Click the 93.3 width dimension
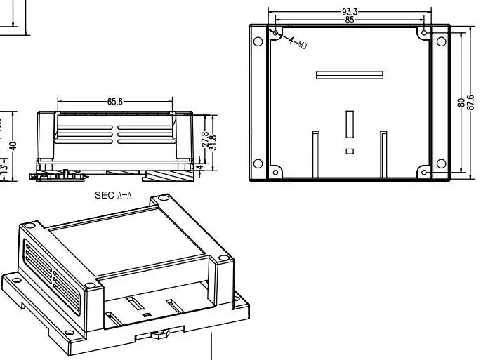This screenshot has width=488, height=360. click(x=349, y=12)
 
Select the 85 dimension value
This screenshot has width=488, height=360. click(x=349, y=20)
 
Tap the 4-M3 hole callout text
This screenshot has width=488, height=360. click(x=298, y=43)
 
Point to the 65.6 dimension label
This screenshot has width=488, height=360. click(x=115, y=102)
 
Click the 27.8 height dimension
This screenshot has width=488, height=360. click(x=204, y=140)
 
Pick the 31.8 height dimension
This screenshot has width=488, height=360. click(x=213, y=142)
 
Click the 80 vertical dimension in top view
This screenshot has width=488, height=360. click(x=461, y=102)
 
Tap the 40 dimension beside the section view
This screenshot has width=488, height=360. click(x=13, y=145)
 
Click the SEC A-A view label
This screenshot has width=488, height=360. click(x=113, y=196)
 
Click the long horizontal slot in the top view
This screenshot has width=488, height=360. click(x=349, y=75)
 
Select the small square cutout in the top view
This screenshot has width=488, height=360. click(x=349, y=151)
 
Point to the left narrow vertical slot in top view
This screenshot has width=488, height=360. click(x=315, y=153)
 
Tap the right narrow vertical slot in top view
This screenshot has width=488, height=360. click(x=383, y=153)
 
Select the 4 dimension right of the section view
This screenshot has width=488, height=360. click(x=199, y=167)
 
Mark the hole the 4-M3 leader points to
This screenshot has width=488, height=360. click(x=275, y=32)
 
